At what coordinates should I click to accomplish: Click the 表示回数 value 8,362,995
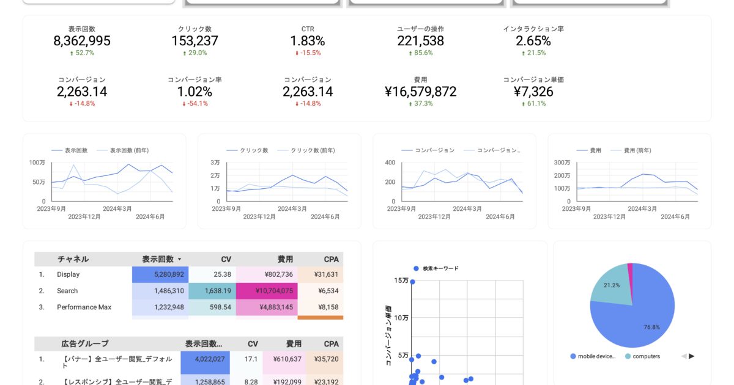[x=82, y=41]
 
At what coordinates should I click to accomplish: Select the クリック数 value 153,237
[x=195, y=41]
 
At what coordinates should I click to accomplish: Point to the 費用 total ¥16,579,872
[x=420, y=92]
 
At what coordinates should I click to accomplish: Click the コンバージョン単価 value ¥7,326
[x=533, y=92]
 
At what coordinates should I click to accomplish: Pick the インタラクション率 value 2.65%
[x=533, y=41]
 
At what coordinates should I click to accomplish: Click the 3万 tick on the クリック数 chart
[x=215, y=163]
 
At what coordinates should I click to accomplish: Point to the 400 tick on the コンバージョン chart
[x=390, y=163]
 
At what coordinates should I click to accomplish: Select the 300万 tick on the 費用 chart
[x=562, y=163]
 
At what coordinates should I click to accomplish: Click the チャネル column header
[x=73, y=259]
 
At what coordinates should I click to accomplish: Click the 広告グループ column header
[x=85, y=343]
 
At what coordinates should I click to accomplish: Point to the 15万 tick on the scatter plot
[x=401, y=280]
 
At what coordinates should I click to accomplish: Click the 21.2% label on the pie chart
[x=612, y=285]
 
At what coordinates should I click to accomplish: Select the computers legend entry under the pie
[x=646, y=356]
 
